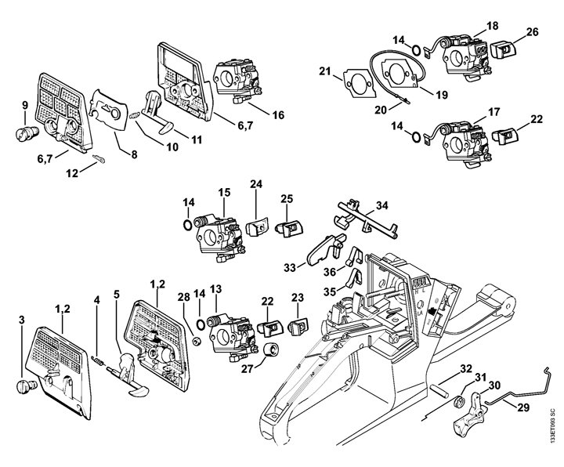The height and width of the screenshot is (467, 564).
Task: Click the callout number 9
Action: pyautogui.click(x=24, y=105)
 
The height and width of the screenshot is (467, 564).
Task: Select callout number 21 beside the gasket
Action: pyautogui.click(x=324, y=73)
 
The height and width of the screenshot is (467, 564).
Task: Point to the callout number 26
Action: pyautogui.click(x=533, y=32)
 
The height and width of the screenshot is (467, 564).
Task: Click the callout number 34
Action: pyautogui.click(x=381, y=206)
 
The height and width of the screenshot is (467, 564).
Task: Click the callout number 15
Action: pyautogui.click(x=224, y=192)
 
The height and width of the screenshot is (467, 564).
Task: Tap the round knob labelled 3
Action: pyautogui.click(x=29, y=386)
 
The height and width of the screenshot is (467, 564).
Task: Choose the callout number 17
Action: pyautogui.click(x=494, y=112)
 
